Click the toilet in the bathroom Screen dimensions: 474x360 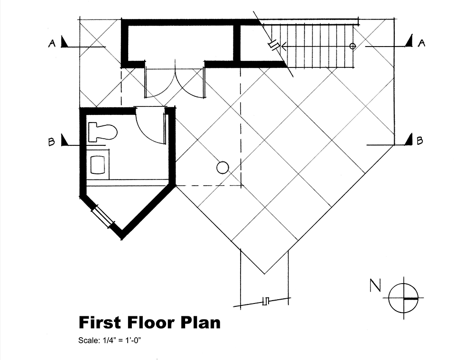102,132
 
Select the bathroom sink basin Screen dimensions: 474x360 98,165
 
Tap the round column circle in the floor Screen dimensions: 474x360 223,168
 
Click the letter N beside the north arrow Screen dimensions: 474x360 375,285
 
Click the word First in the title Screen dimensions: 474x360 100,322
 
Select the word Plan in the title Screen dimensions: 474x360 201,322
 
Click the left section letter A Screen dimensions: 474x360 52,44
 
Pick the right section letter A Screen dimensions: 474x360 421,43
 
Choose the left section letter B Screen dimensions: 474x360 52,142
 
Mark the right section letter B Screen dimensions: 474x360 419,141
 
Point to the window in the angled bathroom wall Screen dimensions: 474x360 103,216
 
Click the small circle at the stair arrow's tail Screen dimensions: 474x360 353,46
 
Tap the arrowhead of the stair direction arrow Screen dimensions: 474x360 284,46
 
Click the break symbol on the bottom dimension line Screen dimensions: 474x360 266,301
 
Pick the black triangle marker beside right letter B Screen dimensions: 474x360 409,140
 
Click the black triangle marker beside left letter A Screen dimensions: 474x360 65,41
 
